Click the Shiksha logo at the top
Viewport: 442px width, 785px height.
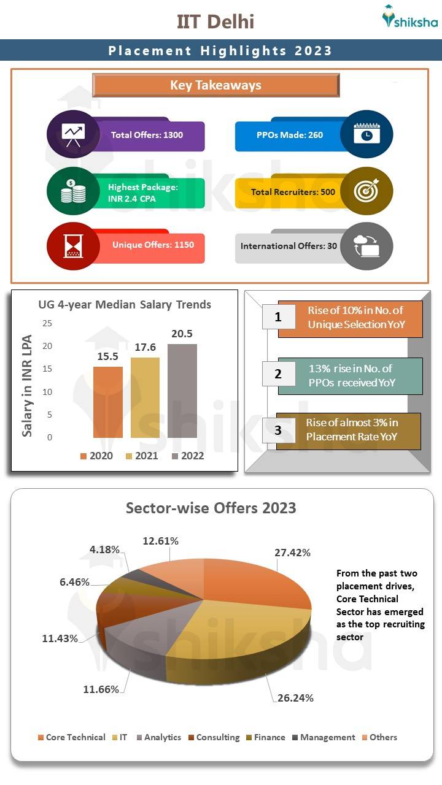coord(409,18)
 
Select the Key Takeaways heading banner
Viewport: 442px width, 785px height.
coord(215,85)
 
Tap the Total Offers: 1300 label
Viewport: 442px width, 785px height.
coord(147,135)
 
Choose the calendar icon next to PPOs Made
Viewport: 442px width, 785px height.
coord(366,134)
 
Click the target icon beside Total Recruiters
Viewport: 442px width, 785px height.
coord(366,191)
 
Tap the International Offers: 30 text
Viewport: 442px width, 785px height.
coord(289,246)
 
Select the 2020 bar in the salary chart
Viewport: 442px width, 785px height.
coord(108,402)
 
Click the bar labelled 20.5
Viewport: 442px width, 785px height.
coord(182,391)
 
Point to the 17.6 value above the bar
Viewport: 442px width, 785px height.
coord(145,347)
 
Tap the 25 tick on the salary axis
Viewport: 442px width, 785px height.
coord(47,323)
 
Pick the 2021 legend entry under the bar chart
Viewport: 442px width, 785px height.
coord(142,456)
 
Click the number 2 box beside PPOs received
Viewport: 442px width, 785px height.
coord(277,373)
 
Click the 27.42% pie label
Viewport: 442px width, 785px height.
coord(292,553)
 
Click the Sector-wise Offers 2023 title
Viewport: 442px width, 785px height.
coord(211,508)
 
